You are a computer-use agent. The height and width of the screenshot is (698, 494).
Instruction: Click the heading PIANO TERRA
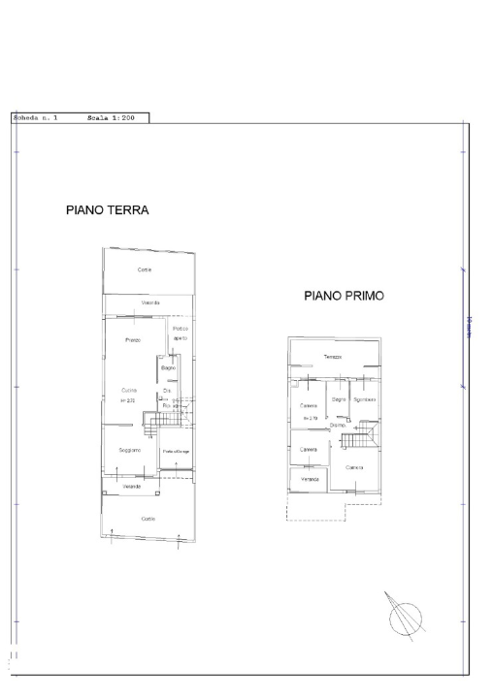point(107,209)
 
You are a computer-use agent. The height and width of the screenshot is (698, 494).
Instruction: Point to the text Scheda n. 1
point(35,117)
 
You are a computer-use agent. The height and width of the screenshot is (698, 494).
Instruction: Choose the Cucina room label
point(129,390)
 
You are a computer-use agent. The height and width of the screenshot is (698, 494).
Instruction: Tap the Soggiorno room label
point(130,451)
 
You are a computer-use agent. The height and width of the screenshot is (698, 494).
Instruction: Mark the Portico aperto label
point(181,333)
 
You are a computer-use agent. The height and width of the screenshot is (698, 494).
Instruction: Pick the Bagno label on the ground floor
point(168,369)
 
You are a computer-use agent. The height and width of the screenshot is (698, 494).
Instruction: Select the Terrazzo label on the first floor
point(333,358)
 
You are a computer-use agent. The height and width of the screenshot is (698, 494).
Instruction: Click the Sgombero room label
point(364,399)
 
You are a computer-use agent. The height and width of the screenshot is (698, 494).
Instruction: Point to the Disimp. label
point(338,425)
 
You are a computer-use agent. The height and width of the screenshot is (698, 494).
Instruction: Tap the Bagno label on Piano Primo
point(338,398)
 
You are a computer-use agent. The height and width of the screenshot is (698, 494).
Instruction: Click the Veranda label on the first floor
point(309,480)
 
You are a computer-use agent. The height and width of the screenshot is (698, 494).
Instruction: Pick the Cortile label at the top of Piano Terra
point(145,270)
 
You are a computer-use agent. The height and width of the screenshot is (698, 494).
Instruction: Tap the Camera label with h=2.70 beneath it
point(310,405)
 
